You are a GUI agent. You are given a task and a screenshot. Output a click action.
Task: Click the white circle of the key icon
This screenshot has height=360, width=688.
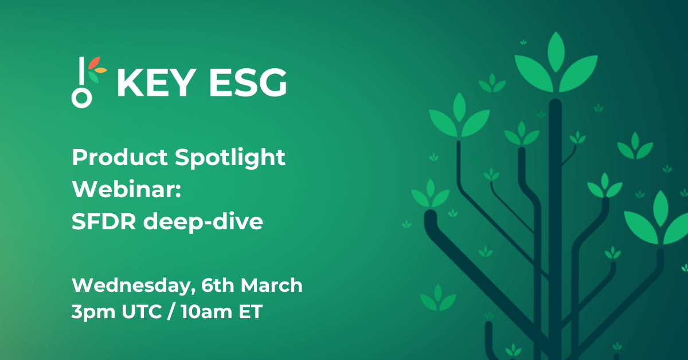[x=81, y=97]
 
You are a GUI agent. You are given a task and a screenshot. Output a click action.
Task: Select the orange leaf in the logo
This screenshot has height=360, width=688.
[x=101, y=71]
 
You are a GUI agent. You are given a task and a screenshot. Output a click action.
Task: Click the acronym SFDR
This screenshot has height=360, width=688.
[x=104, y=222]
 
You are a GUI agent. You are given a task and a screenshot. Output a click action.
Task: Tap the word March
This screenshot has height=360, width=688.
[x=271, y=285]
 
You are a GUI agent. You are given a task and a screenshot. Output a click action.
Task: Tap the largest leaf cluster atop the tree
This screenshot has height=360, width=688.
[x=555, y=66]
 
